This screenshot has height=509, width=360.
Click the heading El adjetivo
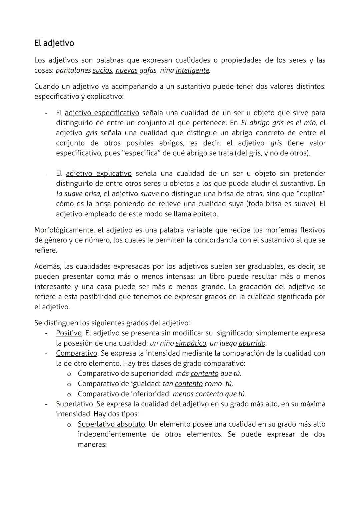point(54,43)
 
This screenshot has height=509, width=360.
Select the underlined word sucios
point(102,70)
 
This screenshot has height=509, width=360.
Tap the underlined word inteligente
point(192,70)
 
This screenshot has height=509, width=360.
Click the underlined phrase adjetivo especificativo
point(102,113)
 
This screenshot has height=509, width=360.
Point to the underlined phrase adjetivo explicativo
point(99,173)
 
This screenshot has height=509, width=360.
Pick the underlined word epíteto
point(205,214)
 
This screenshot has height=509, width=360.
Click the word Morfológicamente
point(63,230)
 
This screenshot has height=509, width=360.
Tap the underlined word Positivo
point(69,333)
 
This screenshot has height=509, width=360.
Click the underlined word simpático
point(191,343)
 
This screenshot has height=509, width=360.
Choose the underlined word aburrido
point(252,343)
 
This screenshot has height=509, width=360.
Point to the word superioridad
point(151,373)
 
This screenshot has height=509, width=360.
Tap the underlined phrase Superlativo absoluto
point(111,424)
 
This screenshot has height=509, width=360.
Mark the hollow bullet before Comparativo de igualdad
point(69,384)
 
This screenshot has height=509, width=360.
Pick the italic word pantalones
point(73,70)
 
